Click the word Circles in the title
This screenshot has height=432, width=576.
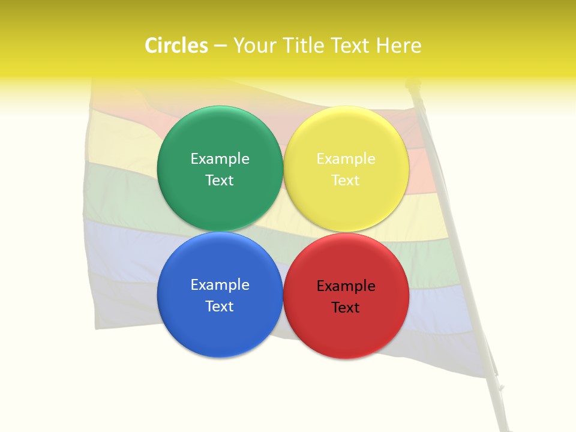click(x=176, y=46)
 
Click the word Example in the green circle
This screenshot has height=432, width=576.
click(x=220, y=159)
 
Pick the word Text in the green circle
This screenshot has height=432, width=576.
click(x=220, y=180)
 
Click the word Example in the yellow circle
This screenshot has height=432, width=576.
click(x=346, y=159)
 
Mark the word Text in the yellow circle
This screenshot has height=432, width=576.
click(x=346, y=180)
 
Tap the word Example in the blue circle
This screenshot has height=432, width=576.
click(x=220, y=285)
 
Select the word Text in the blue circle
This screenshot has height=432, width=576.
click(x=220, y=306)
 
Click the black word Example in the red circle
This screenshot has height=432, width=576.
click(x=346, y=286)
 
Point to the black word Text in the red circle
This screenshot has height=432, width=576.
click(x=346, y=307)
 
